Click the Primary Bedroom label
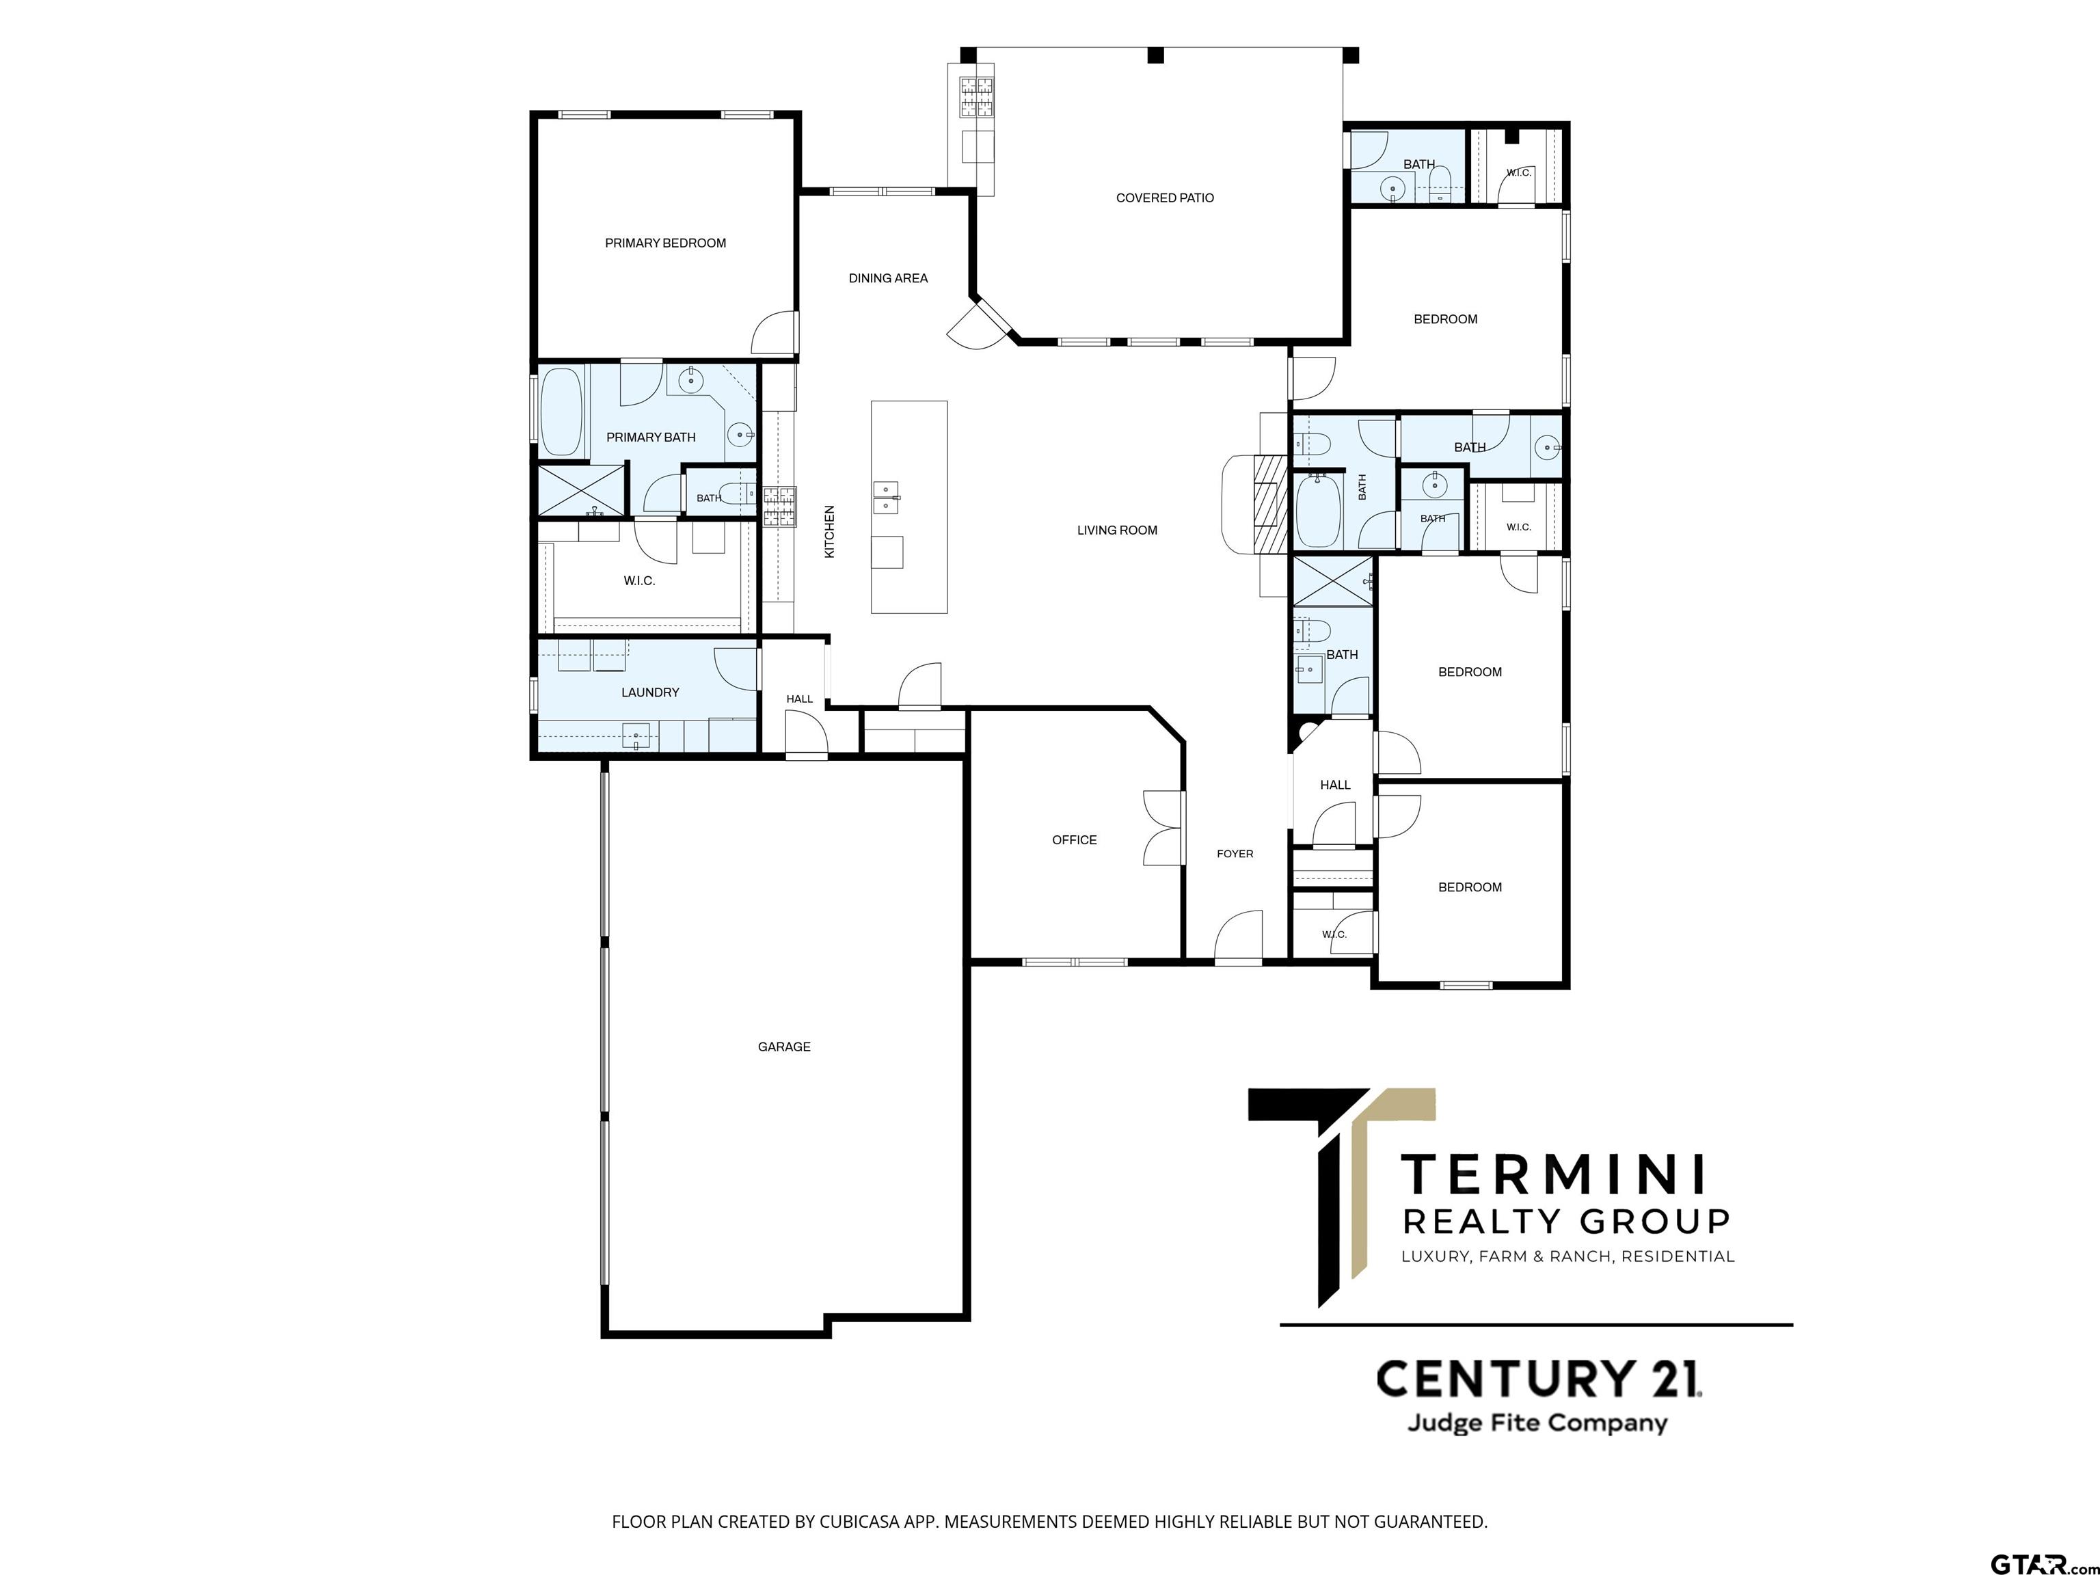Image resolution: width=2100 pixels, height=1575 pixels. tap(666, 243)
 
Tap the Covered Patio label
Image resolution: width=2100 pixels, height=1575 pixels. tap(1165, 198)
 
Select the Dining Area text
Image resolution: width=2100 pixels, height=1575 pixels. tap(888, 278)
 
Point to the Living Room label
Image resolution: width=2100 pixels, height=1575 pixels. tap(1118, 530)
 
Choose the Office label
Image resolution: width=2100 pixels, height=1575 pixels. tap(1075, 840)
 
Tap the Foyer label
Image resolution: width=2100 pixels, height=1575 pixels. tap(1235, 854)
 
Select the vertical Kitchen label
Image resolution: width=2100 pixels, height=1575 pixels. tap(829, 532)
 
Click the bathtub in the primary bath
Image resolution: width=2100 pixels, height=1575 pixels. tap(561, 415)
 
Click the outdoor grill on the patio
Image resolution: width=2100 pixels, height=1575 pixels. tap(975, 98)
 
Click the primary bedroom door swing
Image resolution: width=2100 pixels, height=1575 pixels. tap(775, 332)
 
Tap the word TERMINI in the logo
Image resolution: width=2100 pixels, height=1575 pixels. tap(1554, 1174)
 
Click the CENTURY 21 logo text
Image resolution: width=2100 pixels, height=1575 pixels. tap(1539, 1379)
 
